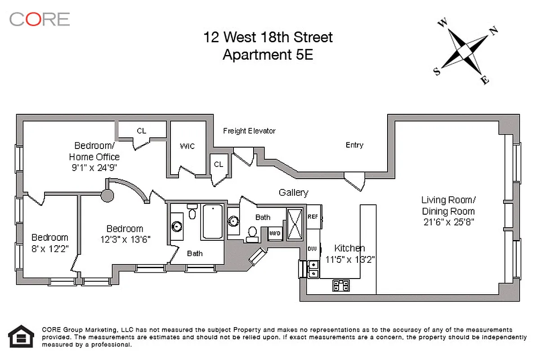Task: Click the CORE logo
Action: tap(40, 19)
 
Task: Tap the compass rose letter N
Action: tap(494, 31)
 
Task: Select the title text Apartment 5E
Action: tap(268, 55)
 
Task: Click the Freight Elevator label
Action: tap(249, 131)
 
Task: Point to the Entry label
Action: tap(354, 145)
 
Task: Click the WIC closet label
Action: tap(187, 146)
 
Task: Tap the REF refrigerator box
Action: tap(313, 216)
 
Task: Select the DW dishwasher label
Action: tap(312, 248)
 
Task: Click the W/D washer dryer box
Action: tap(275, 233)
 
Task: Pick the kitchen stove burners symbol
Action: tap(341, 285)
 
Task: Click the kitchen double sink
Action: tap(313, 269)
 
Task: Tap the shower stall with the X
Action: tap(296, 223)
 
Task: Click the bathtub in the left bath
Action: tap(212, 222)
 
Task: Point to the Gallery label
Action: tap(293, 193)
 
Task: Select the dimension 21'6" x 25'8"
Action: tap(448, 222)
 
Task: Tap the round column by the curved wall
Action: tap(107, 195)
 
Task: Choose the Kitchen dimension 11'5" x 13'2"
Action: tap(350, 259)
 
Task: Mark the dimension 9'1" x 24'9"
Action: tap(94, 168)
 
